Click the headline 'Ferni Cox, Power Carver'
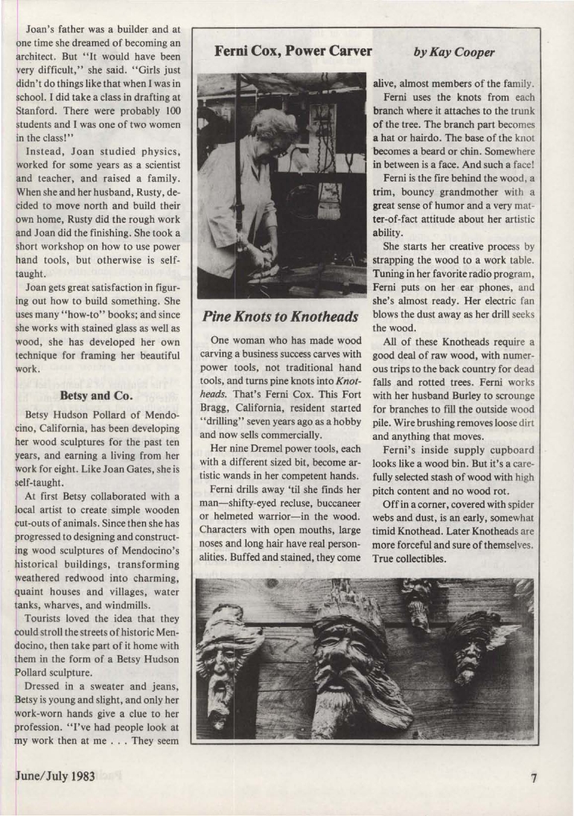(x=293, y=51)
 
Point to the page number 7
(x=534, y=779)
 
